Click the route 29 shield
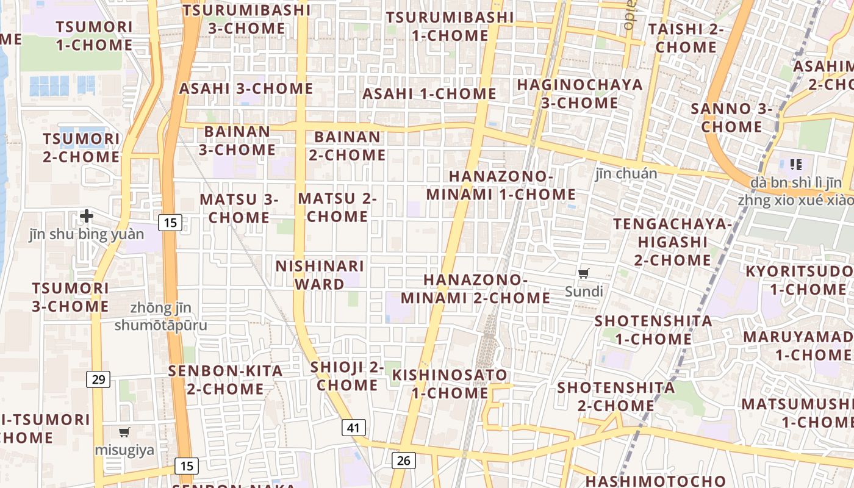(98, 379)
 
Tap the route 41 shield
(353, 428)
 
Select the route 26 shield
(403, 460)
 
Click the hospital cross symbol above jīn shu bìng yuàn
(87, 215)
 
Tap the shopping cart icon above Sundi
(584, 273)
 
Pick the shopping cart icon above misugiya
(124, 432)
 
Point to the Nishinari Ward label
(320, 275)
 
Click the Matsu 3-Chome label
(239, 208)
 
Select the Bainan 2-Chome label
(347, 146)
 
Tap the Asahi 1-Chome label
(429, 94)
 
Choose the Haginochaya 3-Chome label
(579, 93)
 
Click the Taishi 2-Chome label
(686, 38)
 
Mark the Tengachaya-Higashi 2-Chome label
(672, 242)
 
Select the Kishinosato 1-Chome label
(450, 384)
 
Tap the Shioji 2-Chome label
(347, 376)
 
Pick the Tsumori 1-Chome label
(94, 35)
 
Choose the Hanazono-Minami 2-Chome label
(475, 289)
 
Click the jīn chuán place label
(626, 174)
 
